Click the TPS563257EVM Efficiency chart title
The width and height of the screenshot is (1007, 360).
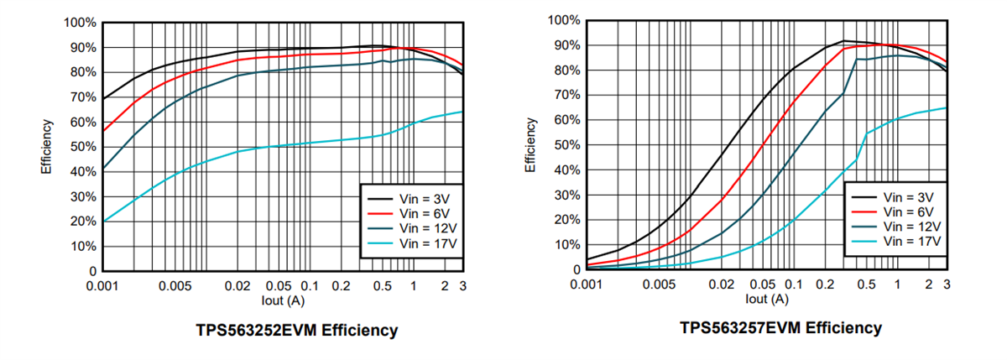point(780,327)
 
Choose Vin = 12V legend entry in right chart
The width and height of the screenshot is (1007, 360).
point(912,227)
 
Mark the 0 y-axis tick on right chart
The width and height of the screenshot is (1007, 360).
point(576,270)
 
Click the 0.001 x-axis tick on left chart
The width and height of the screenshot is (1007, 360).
point(102,286)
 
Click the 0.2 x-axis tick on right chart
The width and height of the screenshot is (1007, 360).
point(824,284)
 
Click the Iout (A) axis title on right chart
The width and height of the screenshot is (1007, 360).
point(767,298)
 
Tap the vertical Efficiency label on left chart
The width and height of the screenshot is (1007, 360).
point(48,147)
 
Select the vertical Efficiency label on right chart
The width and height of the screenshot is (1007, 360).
point(530,145)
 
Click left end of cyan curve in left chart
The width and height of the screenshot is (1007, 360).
point(103,222)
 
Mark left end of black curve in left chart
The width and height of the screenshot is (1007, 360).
point(103,99)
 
